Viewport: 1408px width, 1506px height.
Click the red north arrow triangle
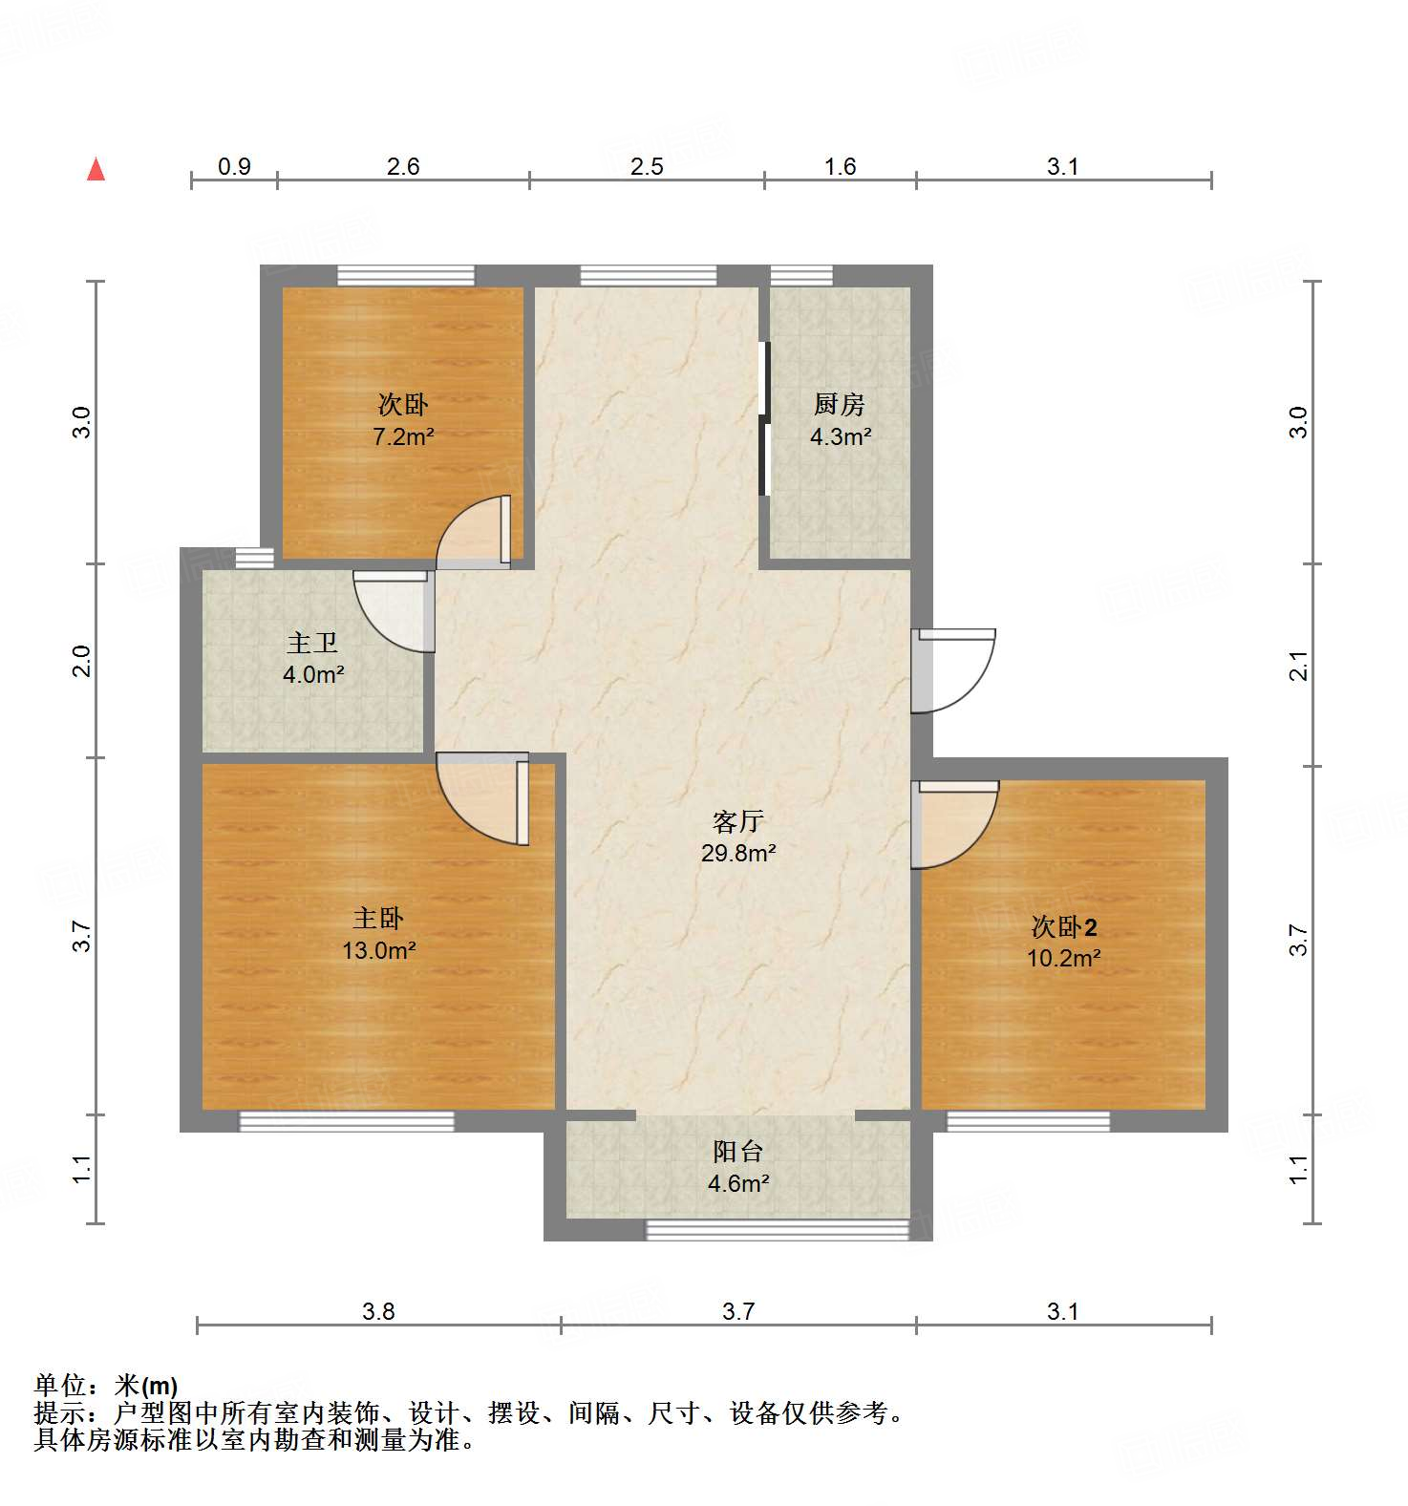click(x=96, y=170)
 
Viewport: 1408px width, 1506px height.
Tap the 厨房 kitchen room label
click(x=839, y=405)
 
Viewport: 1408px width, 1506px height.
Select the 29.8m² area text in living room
click(x=737, y=853)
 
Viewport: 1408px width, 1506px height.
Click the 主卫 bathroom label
click(x=312, y=644)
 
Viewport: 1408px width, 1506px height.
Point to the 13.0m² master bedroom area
click(x=378, y=950)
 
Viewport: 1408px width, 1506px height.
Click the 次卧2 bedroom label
click(x=1063, y=926)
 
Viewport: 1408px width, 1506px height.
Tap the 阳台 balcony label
click(x=737, y=1152)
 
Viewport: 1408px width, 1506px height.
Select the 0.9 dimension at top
click(x=234, y=167)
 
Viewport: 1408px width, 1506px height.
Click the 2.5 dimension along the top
click(x=647, y=167)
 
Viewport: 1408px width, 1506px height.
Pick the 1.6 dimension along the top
click(x=840, y=167)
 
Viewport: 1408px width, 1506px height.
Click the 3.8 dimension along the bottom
click(x=378, y=1311)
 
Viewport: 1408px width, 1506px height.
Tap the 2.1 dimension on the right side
click(x=1298, y=665)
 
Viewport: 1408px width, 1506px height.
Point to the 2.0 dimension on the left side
click(x=82, y=661)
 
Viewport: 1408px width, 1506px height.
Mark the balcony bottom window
click(x=777, y=1230)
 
